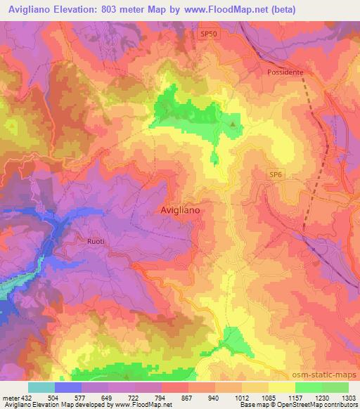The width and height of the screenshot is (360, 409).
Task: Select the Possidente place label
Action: (284, 72)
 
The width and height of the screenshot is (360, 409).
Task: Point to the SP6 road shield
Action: (276, 173)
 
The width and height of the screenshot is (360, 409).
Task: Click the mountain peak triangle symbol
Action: (233, 125)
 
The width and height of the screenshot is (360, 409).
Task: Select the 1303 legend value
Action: (348, 397)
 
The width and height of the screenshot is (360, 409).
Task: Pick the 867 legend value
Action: (188, 397)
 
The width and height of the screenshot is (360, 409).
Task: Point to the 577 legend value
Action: (81, 397)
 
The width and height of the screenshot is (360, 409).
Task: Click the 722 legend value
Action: (134, 397)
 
